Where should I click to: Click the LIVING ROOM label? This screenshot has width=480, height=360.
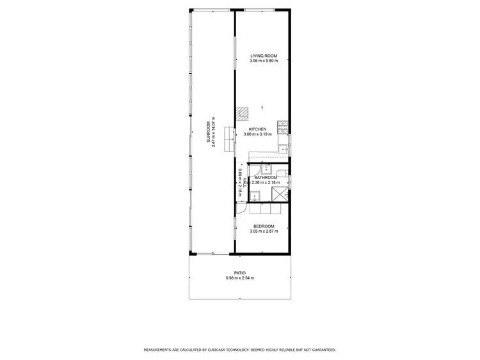262,56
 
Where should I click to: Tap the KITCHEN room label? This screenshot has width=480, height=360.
258,129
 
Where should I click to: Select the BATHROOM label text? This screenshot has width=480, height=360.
266,177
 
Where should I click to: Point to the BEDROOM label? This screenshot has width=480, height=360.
264,226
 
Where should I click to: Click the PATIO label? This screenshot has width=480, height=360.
240,273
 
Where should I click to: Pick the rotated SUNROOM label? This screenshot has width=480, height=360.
209,131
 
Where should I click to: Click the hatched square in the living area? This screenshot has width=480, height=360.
241,113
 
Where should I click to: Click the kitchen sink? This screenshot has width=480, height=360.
282,148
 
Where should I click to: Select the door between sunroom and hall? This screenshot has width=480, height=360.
239,208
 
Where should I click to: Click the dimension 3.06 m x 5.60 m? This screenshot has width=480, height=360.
262,61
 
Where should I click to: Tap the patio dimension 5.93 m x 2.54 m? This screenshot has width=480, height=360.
240,278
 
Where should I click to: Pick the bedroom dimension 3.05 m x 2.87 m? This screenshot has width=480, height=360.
264,231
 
